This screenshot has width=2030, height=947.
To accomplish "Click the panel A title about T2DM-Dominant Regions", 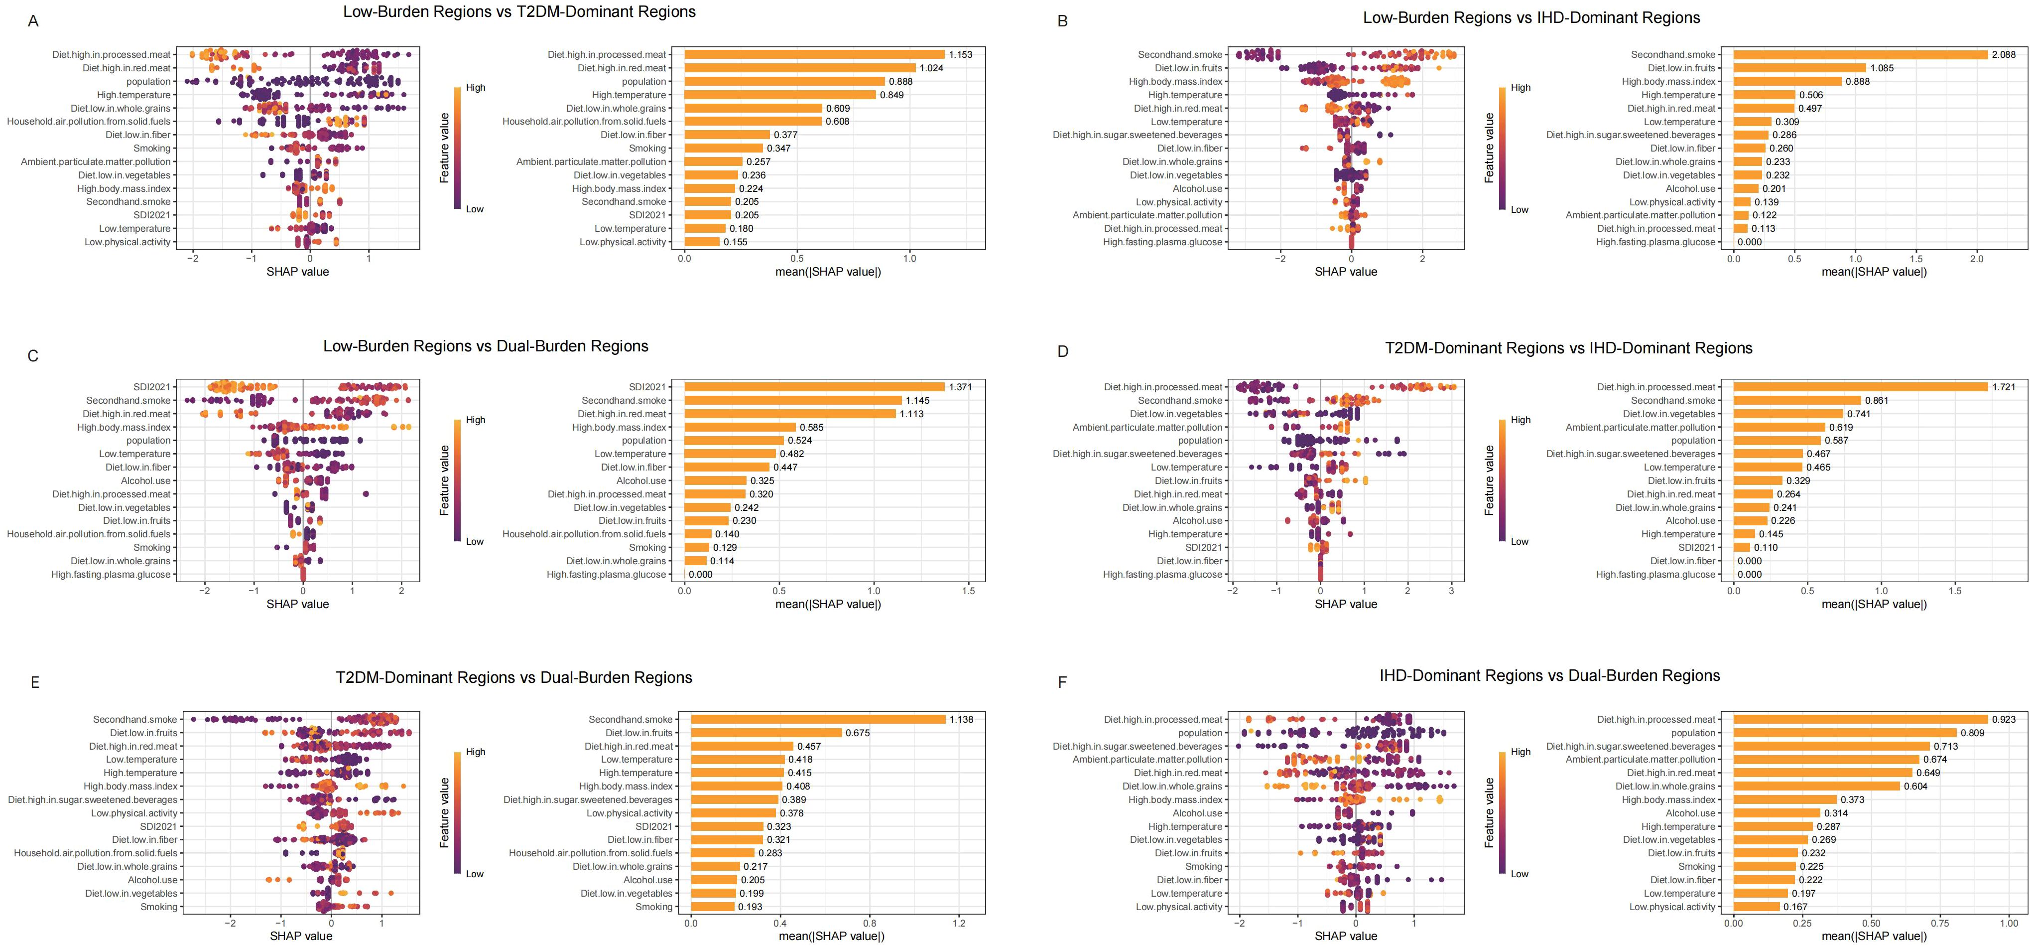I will pos(519,12).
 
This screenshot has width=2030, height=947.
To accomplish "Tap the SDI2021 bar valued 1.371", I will pos(814,387).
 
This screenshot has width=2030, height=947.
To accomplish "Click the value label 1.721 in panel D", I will pos(2006,387).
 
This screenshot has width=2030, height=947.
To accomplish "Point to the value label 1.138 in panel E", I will pos(961,720).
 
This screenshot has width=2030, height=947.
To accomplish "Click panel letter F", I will pos(1062,682).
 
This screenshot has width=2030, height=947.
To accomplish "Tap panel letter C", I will pos(33,355).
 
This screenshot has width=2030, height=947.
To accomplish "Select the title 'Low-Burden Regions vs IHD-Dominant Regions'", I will pos(1531,17).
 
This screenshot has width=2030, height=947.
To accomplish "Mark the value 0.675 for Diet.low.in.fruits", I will pos(858,733).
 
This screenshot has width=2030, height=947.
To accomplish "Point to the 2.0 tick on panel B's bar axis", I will pos(1976,258).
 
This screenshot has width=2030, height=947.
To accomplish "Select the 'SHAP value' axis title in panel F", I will pos(1346,936).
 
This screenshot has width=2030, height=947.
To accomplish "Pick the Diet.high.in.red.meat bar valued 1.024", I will pos(800,68).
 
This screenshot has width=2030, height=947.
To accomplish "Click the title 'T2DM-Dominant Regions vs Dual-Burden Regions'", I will pos(514,677).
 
